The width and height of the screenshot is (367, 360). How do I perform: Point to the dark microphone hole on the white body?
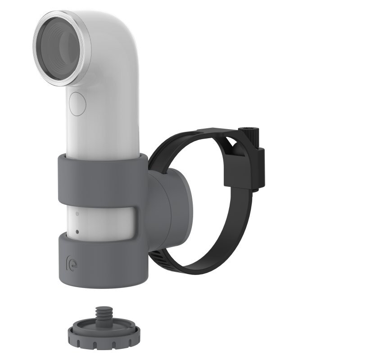pyautogui.click(x=77, y=232)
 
